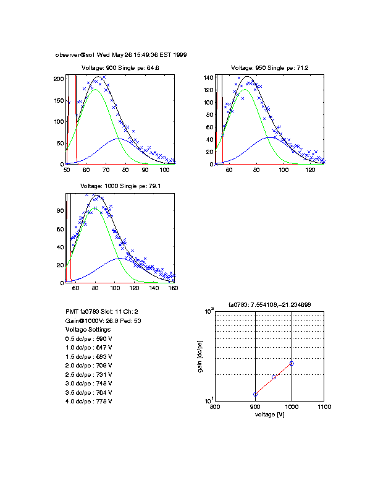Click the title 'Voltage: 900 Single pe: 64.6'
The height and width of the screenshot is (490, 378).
[120, 67]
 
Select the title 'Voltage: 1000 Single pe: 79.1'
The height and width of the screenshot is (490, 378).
[120, 186]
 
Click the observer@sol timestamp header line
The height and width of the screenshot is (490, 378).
[121, 54]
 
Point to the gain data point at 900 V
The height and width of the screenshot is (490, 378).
[255, 394]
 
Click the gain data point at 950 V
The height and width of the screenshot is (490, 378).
[274, 377]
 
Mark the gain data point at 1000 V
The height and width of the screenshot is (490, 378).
[292, 363]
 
